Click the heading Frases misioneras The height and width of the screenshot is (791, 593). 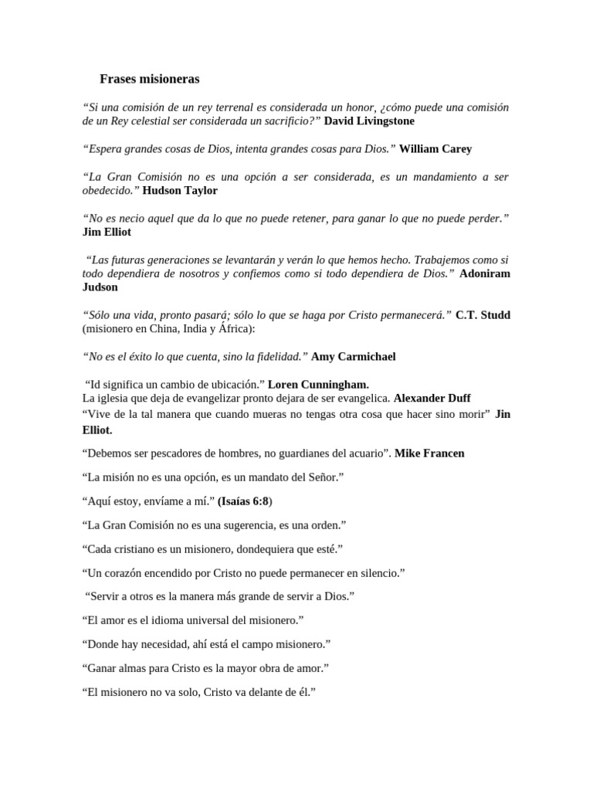150,79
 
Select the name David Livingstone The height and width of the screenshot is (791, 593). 369,121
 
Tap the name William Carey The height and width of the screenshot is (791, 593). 435,148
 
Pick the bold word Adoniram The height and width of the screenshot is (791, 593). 484,273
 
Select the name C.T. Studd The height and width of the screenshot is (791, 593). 483,314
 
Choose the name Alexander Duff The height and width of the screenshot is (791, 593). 432,398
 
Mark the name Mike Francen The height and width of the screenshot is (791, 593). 429,453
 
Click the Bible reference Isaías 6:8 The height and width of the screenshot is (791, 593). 244,501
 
